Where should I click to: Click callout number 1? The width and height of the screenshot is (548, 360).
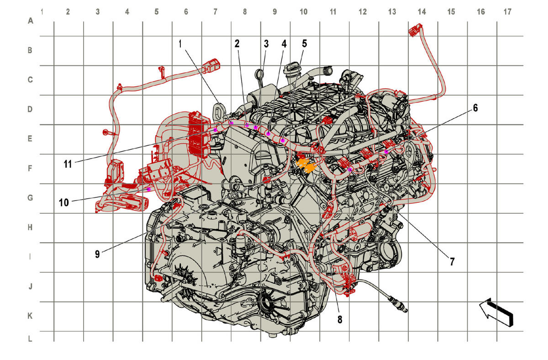pyautogui.click(x=180, y=44)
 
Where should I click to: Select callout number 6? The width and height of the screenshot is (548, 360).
pyautogui.click(x=475, y=108)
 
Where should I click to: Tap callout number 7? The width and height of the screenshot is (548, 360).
pyautogui.click(x=452, y=262)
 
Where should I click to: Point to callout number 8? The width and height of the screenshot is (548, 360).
pyautogui.click(x=340, y=319)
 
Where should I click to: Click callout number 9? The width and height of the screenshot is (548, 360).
pyautogui.click(x=97, y=254)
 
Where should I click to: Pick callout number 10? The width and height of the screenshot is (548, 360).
pyautogui.click(x=64, y=203)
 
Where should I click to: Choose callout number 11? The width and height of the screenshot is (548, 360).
pyautogui.click(x=68, y=164)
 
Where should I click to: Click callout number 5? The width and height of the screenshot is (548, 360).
pyautogui.click(x=304, y=43)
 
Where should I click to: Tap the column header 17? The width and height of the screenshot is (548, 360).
pyautogui.click(x=507, y=11)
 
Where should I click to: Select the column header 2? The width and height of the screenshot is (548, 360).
pyautogui.click(x=68, y=11)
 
